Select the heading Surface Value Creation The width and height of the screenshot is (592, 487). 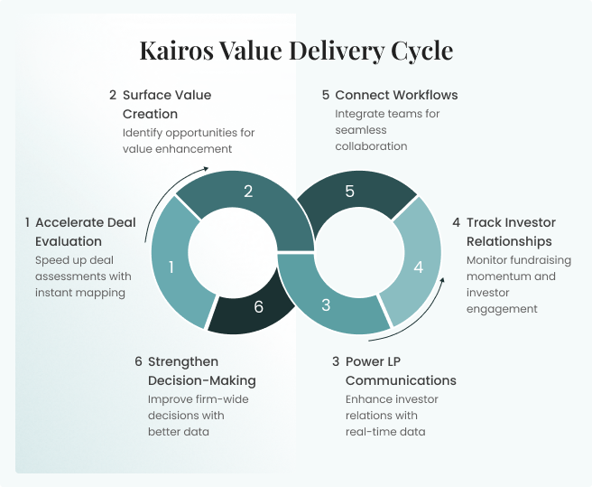coord(166,104)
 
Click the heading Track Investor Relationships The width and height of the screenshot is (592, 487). coord(510,231)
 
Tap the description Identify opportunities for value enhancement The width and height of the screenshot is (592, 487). coord(189,140)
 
